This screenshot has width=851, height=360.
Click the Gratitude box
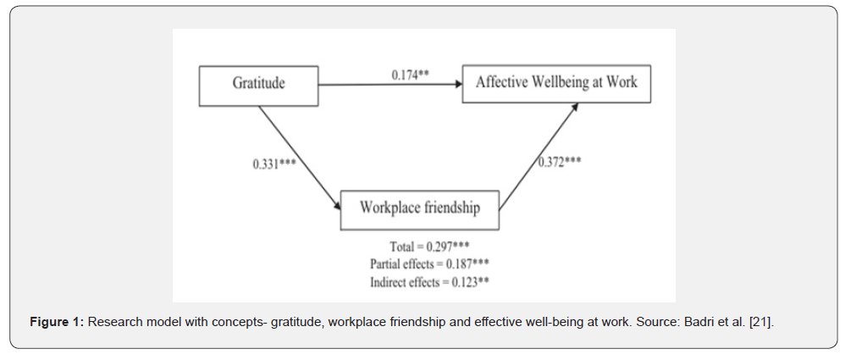click(x=258, y=83)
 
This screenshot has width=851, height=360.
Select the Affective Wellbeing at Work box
click(x=556, y=83)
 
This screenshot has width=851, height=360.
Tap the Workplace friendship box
click(x=419, y=208)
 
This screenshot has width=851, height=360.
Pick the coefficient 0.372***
click(x=561, y=160)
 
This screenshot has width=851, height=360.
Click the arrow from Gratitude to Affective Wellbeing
click(x=390, y=84)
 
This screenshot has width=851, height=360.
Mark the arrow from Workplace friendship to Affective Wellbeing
click(x=539, y=156)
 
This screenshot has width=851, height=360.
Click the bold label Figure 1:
click(x=57, y=323)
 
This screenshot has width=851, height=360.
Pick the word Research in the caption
click(x=113, y=323)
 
